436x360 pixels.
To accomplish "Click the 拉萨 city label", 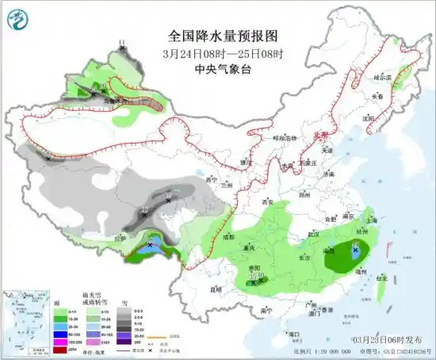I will click(x=120, y=237).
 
